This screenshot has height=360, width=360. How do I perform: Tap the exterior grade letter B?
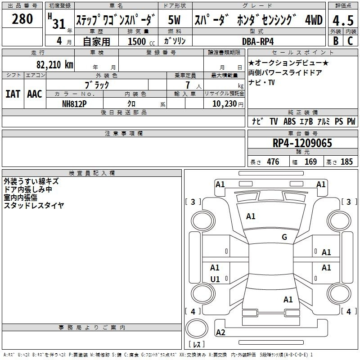click(x=335, y=40)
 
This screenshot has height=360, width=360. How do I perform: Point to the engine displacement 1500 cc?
click(x=140, y=41)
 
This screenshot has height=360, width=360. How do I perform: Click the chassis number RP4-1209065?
click(x=302, y=144)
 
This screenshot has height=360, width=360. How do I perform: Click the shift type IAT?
click(x=13, y=94)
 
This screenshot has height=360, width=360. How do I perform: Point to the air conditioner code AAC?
click(x=35, y=94)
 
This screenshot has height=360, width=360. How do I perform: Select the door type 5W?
click(x=175, y=20)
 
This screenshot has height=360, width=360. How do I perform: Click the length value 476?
click(x=273, y=162)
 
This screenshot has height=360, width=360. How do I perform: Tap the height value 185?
click(x=346, y=162)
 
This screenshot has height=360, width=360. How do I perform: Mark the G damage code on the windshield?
click(x=284, y=237)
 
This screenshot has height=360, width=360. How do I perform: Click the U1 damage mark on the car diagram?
click(x=215, y=279)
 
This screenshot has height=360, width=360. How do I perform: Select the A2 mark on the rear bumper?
click(x=220, y=333)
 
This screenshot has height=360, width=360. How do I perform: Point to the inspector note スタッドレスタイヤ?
click(x=34, y=205)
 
